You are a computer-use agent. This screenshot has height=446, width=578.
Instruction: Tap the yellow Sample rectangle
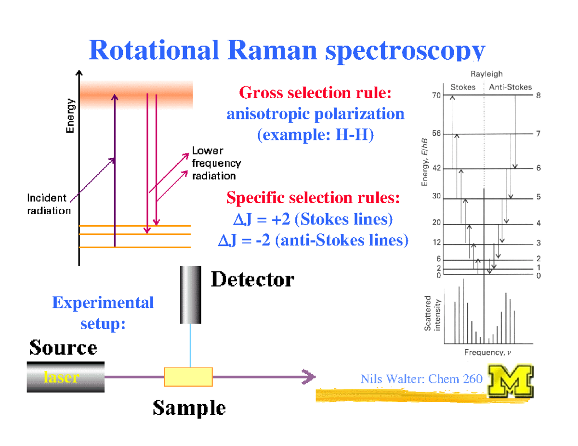point(188,377)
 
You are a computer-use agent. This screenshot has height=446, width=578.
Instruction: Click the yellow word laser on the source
point(61,377)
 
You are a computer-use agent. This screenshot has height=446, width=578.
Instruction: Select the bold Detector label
point(252,280)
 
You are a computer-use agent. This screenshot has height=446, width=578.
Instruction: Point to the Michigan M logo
point(511,382)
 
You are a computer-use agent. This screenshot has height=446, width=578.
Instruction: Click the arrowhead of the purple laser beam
point(309,377)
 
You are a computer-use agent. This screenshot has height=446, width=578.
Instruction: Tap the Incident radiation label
point(49,204)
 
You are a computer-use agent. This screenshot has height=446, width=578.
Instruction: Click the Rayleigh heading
point(486,74)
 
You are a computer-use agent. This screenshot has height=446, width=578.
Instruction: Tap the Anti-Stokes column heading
point(510,87)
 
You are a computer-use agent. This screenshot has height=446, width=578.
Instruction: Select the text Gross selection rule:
point(315,91)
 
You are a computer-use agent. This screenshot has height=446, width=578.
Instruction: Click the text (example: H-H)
point(315,136)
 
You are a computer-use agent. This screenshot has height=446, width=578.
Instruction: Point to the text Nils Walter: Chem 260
point(421,379)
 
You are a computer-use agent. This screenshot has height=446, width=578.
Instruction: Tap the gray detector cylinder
point(190,294)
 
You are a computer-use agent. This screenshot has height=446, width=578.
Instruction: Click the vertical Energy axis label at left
point(71,115)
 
